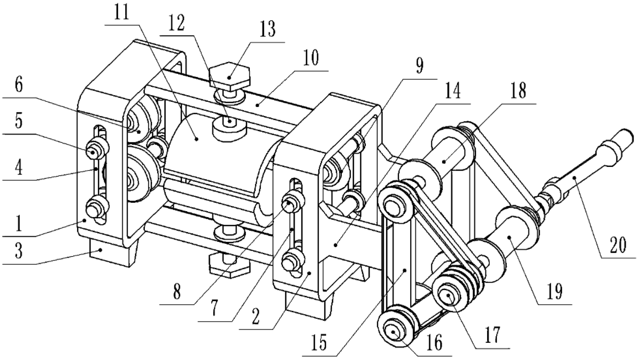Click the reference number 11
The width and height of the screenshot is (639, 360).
(x=121, y=13)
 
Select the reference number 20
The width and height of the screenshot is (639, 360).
(x=617, y=246)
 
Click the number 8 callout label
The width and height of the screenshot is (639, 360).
(x=176, y=292)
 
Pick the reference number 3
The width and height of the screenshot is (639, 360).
(x=19, y=251)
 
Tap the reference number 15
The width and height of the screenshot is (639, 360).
(x=320, y=343)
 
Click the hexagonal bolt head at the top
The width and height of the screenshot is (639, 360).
(x=229, y=77)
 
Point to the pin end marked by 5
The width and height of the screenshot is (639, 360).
(x=93, y=152)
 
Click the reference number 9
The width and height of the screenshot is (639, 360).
(x=420, y=65)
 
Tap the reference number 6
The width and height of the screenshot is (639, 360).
(x=19, y=86)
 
